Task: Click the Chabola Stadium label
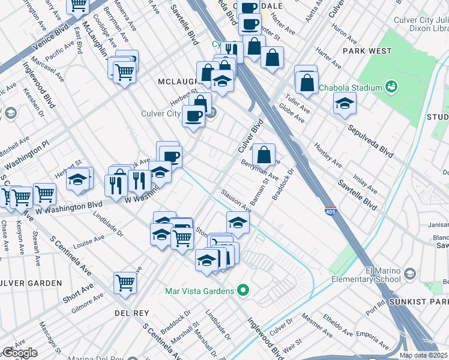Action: [351, 88]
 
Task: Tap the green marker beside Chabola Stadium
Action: [391, 87]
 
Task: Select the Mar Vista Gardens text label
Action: [199, 292]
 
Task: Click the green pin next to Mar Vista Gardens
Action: [243, 292]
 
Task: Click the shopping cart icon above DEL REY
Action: [125, 281]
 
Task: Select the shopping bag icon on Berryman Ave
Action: [264, 154]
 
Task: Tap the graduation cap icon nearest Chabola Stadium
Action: [344, 103]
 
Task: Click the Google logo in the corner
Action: [19, 353]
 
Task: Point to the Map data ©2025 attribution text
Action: [423, 355]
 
